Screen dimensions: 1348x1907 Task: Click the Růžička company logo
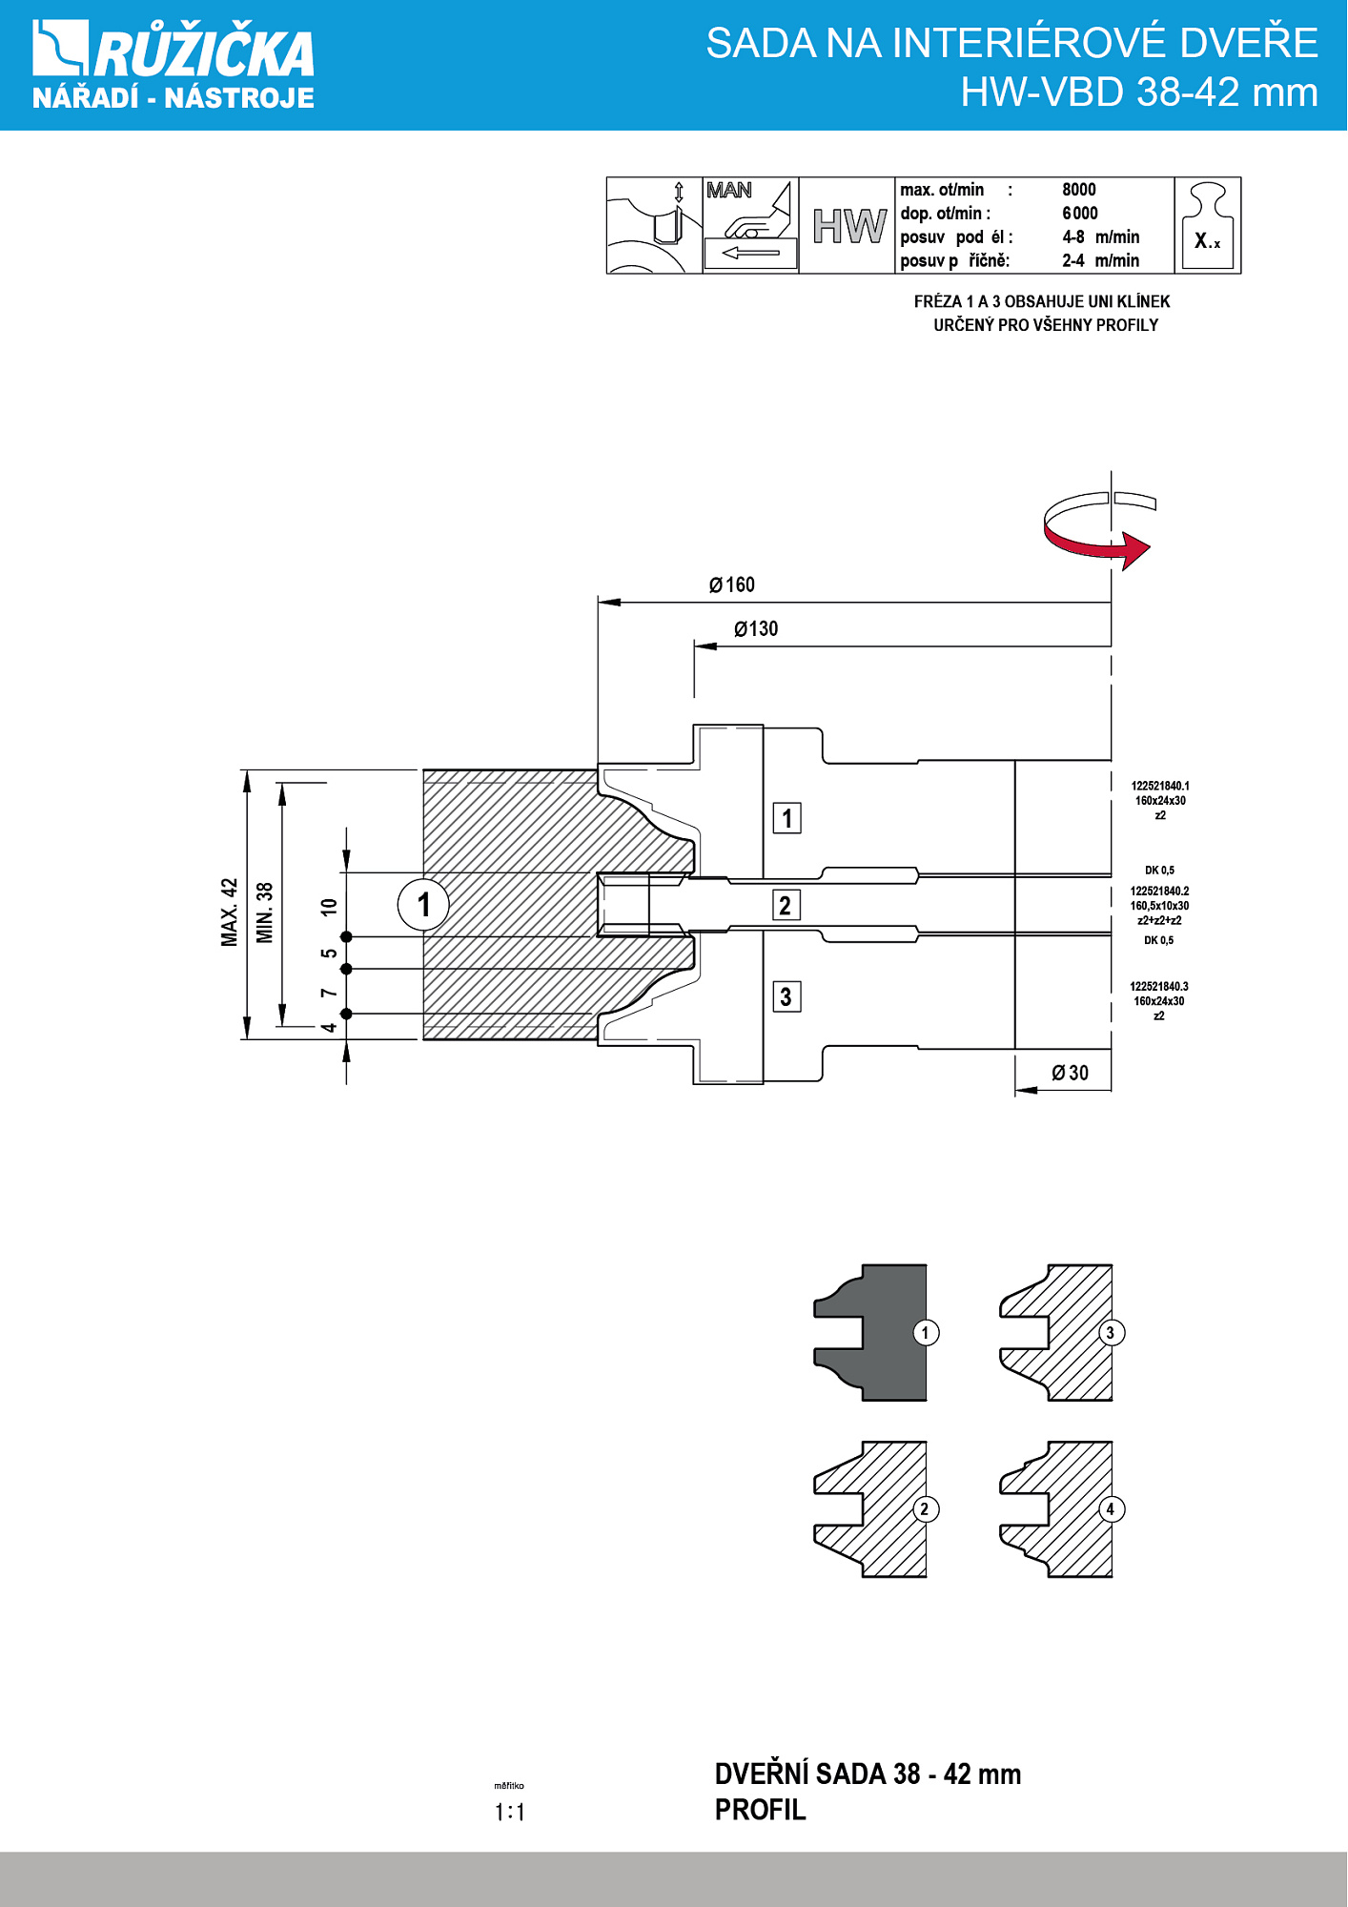click(x=174, y=65)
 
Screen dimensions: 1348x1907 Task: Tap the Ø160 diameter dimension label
click(x=731, y=584)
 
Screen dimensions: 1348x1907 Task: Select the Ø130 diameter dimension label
click(x=756, y=628)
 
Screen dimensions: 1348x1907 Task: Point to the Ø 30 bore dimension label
click(x=1070, y=1073)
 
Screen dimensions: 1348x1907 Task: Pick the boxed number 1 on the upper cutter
click(x=786, y=818)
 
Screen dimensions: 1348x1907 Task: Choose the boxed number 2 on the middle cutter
click(x=785, y=905)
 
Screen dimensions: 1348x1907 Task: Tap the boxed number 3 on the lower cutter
click(x=786, y=996)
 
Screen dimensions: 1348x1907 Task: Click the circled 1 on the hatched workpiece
click(x=423, y=904)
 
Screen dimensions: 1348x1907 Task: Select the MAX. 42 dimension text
click(x=229, y=912)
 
